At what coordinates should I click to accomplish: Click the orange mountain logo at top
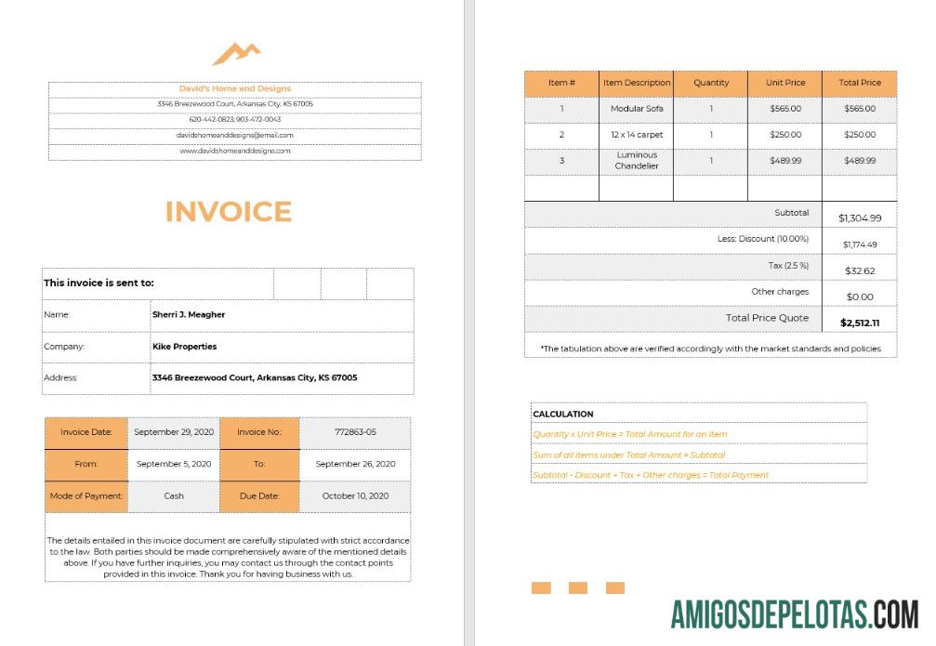pos(236,54)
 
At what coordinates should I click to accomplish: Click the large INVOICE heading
pos(229,212)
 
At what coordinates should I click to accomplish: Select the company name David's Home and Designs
pos(235,89)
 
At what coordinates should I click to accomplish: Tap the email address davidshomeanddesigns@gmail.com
pos(235,135)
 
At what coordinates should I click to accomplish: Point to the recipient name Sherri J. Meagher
pos(189,315)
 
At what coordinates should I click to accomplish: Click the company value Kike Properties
pos(184,347)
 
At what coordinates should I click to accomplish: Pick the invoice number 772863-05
pos(355,432)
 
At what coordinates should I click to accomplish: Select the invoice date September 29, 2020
pos(174,432)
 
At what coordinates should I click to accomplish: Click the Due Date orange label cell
pos(259,496)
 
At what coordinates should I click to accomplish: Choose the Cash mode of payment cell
pos(174,496)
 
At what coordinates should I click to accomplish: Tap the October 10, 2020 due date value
pos(355,496)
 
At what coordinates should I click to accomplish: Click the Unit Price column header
pos(785,83)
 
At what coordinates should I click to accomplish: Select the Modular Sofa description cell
pos(636,109)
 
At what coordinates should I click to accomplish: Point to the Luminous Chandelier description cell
pos(636,161)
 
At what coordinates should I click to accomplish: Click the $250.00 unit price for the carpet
pos(785,135)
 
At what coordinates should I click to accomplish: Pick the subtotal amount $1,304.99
pos(860,218)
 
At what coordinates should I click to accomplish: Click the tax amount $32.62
pos(860,271)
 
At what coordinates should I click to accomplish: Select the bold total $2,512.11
pos(860,323)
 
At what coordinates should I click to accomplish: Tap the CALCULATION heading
pos(562,415)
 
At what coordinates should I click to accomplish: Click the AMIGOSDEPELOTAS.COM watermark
pos(795,614)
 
